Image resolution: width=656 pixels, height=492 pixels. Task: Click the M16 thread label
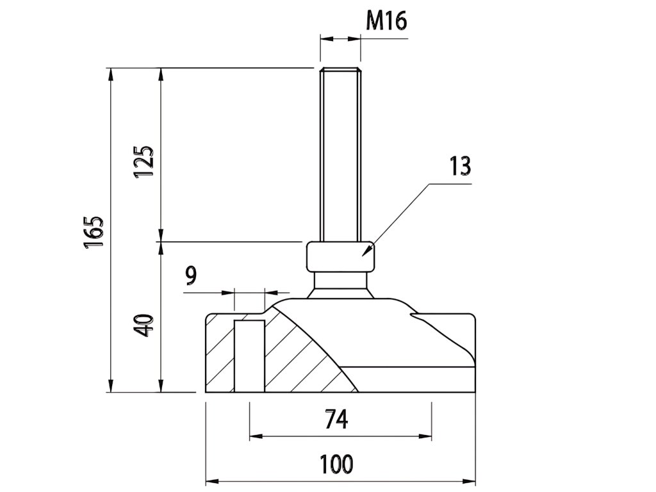(x=386, y=21)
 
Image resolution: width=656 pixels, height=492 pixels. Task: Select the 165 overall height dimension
(x=94, y=231)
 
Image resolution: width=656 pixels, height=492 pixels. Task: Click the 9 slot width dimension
(x=191, y=276)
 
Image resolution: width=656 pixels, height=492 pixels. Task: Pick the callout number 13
(x=459, y=166)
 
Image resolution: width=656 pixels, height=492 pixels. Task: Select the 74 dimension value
(x=336, y=420)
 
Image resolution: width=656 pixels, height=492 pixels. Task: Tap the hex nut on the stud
(x=340, y=257)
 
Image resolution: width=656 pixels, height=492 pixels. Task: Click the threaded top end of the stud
(x=340, y=72)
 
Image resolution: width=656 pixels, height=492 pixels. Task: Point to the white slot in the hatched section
(x=249, y=356)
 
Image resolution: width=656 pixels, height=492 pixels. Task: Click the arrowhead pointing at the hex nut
(x=368, y=251)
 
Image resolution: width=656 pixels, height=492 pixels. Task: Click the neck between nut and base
(x=340, y=281)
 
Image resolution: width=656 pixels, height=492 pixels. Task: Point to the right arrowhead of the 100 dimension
(x=471, y=481)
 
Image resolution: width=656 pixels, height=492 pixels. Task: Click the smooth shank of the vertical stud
(x=340, y=160)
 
